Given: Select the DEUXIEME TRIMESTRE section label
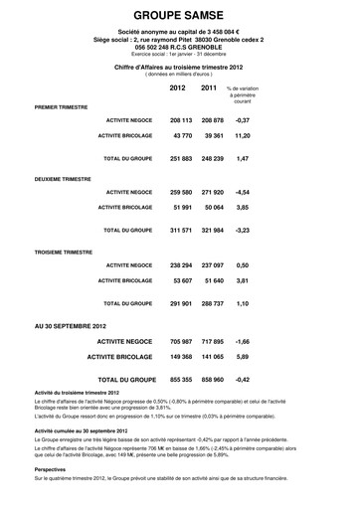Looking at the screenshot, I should (x=64, y=180).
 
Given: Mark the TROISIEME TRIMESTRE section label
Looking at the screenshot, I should (x=64, y=253).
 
